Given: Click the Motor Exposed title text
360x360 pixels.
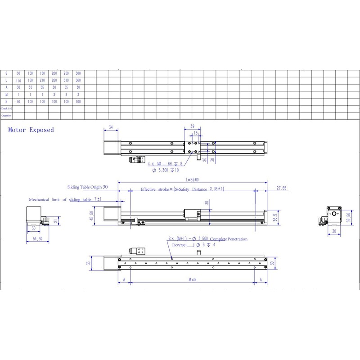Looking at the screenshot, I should (31, 130).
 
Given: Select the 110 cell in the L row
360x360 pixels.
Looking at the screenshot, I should (18, 81).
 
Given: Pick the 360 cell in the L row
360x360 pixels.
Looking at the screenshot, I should (78, 81).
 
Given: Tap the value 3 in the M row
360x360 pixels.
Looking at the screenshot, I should (78, 95).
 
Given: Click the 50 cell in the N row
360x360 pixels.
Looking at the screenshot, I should (18, 102).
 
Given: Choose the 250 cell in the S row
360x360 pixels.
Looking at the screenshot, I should (66, 73).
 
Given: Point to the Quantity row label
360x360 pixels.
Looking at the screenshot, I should (6, 116).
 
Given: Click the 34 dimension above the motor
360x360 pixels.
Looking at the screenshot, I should (111, 128).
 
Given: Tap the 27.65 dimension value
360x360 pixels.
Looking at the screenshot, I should (282, 189).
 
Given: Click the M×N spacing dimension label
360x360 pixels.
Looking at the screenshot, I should (192, 279).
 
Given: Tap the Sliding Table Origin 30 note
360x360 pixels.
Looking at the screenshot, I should (88, 186).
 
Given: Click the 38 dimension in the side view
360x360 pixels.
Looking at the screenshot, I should (207, 203).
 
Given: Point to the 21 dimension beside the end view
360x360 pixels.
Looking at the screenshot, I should (55, 220).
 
